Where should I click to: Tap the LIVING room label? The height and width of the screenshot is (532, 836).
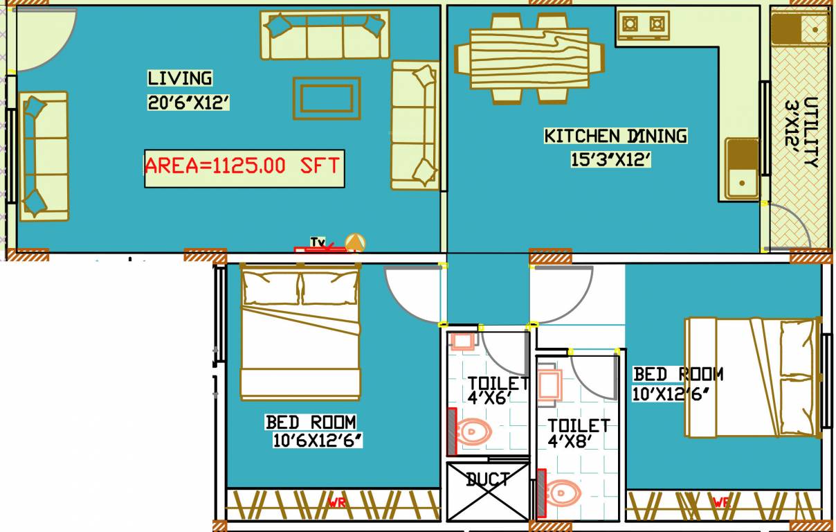point(180,78)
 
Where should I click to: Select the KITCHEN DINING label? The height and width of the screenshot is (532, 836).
point(615,136)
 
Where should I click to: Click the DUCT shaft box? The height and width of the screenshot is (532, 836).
point(488,491)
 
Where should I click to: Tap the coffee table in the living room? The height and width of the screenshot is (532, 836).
point(327,98)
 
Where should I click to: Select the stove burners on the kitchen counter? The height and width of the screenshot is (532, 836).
point(643,25)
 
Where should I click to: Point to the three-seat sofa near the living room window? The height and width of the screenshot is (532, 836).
point(43,156)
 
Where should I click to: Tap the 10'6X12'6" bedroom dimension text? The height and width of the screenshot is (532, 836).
point(318,441)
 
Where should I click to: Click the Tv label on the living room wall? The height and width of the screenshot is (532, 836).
point(318,242)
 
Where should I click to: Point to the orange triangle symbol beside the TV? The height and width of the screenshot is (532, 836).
point(356,242)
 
